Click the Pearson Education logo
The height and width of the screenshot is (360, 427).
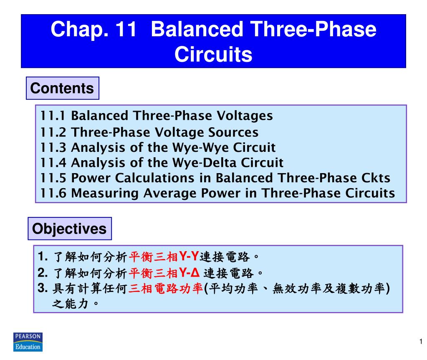click(28, 342)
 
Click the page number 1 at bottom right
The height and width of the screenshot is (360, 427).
click(421, 342)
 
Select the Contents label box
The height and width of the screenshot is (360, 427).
click(62, 88)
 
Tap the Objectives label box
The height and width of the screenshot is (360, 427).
click(70, 229)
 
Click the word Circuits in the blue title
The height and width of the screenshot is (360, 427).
click(213, 54)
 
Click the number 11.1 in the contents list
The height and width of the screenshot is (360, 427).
click(54, 116)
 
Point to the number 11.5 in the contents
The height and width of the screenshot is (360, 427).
click(54, 178)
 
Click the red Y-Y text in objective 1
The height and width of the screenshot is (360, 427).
click(187, 256)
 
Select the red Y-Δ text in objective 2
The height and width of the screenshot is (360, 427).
click(189, 273)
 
